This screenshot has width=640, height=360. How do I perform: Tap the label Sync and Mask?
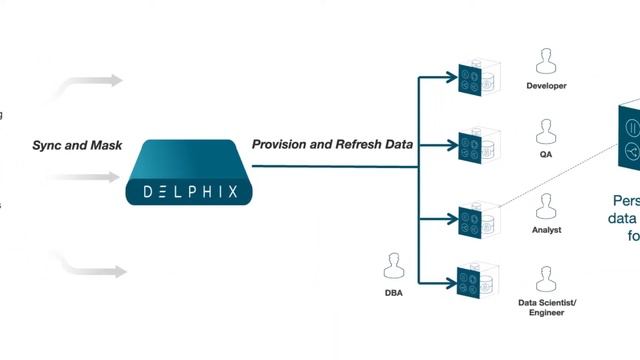tap(77, 146)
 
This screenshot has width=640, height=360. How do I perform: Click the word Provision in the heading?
tap(279, 145)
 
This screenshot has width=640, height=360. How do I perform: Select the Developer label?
tap(547, 86)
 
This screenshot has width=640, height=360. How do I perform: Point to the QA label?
tap(547, 156)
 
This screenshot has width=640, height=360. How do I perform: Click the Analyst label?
tap(547, 230)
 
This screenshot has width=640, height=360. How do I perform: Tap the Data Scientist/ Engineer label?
tap(547, 307)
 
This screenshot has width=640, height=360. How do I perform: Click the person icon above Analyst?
tap(546, 206)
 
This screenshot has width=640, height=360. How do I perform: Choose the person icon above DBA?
tap(393, 267)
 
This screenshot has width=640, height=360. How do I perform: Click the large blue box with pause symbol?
tap(630, 140)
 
